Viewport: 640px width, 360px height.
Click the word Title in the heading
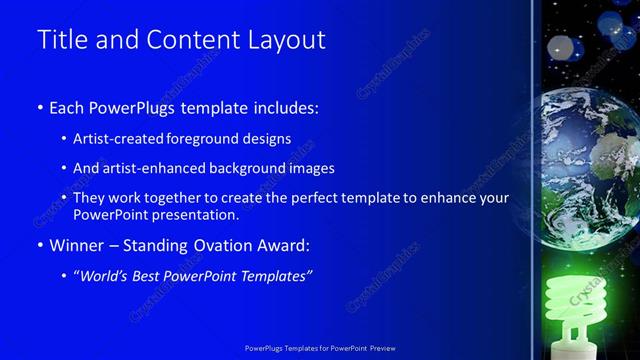58,41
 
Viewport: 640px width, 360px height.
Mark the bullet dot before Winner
39,245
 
